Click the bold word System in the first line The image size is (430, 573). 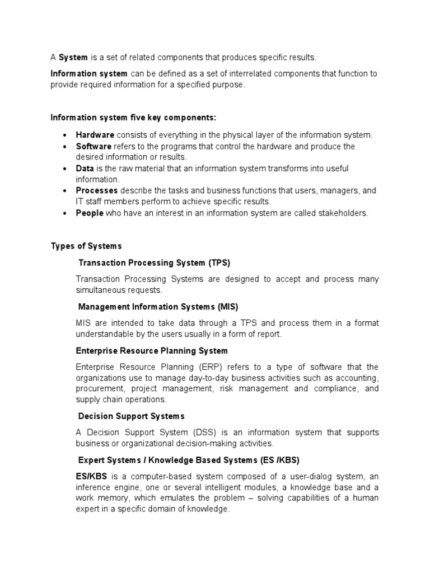pos(73,58)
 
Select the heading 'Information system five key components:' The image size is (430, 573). pos(133,118)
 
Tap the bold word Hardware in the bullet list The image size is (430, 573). pos(95,135)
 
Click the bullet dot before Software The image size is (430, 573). pos(66,147)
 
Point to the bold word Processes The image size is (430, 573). pos(97,191)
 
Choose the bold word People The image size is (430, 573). pos(90,213)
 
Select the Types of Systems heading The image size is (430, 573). pos(86,246)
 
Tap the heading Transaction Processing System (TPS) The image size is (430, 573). pos(154,262)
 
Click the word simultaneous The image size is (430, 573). pos(101,290)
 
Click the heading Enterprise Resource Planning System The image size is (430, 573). pos(152,351)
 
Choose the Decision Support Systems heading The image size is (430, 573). pos(131,416)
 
